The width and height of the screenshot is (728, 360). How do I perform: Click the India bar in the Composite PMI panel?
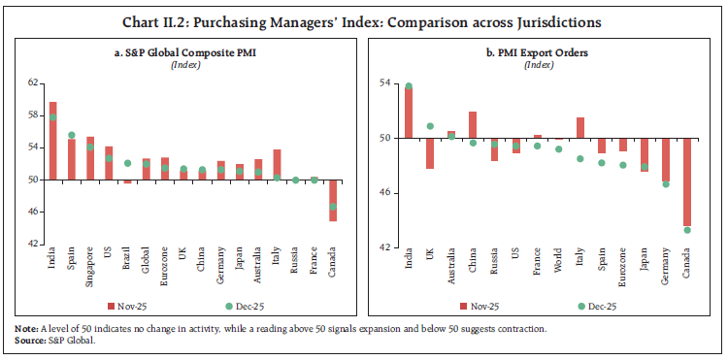point(52,141)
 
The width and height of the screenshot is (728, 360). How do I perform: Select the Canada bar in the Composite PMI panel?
point(333,200)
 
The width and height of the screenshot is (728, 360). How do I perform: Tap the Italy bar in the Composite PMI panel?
point(277,164)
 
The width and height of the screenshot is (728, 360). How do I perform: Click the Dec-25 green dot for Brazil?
point(127,163)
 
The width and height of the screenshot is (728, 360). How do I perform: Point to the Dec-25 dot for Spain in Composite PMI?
point(72,135)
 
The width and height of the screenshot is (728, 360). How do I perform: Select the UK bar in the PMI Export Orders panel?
point(430,153)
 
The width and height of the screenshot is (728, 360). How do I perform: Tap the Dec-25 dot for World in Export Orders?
point(558,148)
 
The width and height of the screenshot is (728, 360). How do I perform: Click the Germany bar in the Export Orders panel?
point(665,160)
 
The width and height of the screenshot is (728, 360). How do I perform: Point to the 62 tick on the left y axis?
point(33,83)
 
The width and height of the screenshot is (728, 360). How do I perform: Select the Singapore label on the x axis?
point(90,267)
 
